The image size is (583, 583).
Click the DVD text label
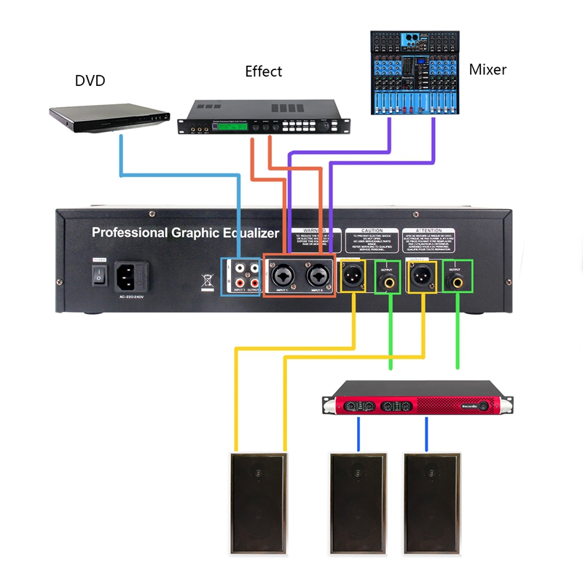(90, 80)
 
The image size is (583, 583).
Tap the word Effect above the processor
(263, 71)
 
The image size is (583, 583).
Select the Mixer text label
(488, 70)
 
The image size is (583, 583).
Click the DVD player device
(109, 117)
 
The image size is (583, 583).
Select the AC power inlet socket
(132, 276)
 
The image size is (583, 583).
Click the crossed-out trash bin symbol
(206, 280)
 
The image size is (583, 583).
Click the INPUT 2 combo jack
(317, 276)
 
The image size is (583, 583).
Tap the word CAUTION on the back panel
(372, 230)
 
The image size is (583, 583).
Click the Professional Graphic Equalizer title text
(185, 233)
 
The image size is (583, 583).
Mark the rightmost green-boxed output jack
(458, 277)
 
